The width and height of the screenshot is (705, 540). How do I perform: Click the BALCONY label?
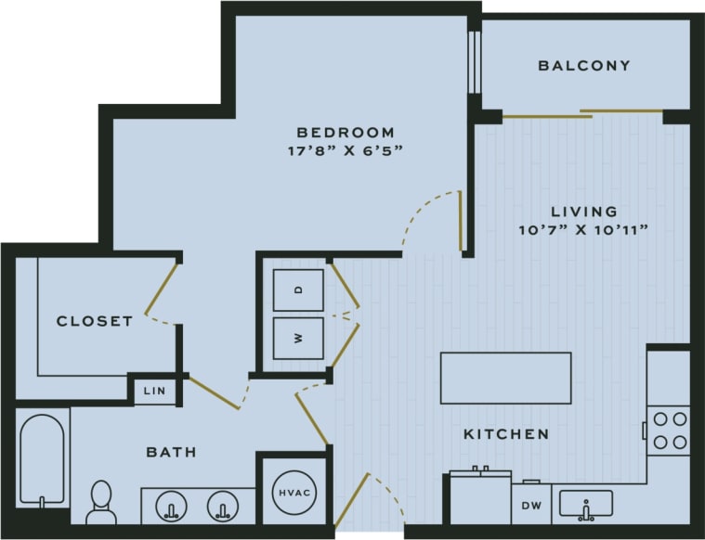[x=584, y=66]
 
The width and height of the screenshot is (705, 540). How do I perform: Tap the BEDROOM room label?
[x=346, y=133]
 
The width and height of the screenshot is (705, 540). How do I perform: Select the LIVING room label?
[x=583, y=212]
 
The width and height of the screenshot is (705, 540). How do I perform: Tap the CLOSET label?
[x=95, y=321]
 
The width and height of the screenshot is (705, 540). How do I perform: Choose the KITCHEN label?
[x=506, y=434]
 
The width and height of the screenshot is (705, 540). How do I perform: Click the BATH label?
[x=171, y=453]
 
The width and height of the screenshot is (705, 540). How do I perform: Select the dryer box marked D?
[x=298, y=289]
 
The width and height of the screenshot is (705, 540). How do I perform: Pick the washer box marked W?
[x=298, y=338]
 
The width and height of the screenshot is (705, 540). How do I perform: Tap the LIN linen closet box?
[x=154, y=391]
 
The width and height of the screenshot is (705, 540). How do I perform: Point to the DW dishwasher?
[x=531, y=506]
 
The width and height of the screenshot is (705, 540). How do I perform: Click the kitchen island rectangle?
[x=505, y=378]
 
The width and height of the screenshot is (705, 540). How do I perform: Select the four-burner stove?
[x=668, y=430]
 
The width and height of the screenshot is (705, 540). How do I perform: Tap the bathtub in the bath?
[x=42, y=459]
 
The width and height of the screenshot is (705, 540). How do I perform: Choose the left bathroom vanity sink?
[x=171, y=507]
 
